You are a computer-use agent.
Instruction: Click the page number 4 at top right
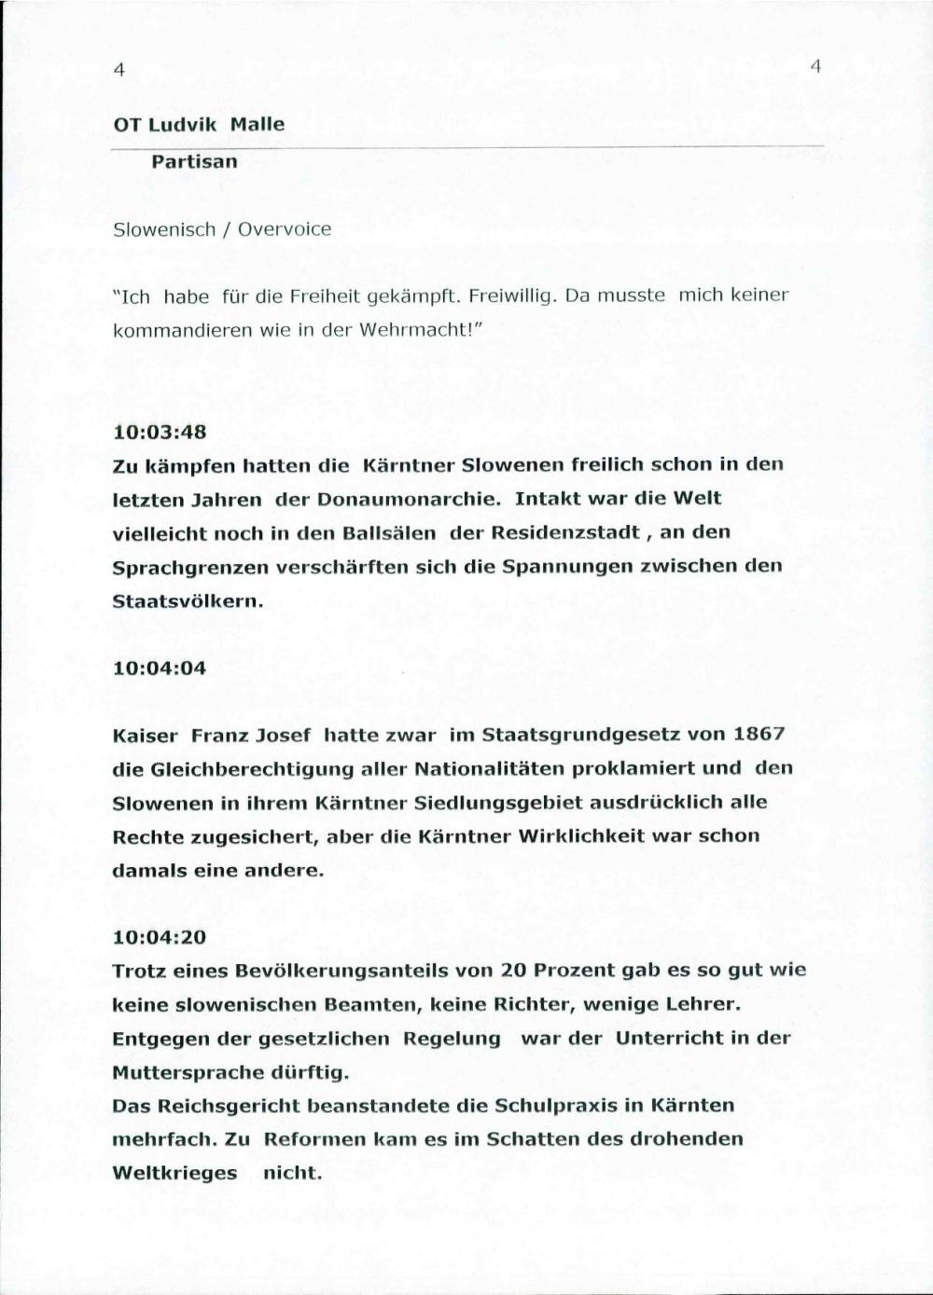tap(815, 66)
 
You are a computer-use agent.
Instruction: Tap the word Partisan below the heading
tap(195, 161)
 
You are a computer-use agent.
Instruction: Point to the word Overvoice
tap(285, 229)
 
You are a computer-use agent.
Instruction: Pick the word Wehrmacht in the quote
tap(418, 330)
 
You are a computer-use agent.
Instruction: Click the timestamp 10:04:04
tap(159, 668)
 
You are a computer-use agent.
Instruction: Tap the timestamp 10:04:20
tap(159, 937)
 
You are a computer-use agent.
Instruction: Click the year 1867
tap(759, 735)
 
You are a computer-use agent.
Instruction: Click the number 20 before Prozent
tap(515, 971)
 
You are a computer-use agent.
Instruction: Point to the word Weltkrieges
tap(174, 1173)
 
